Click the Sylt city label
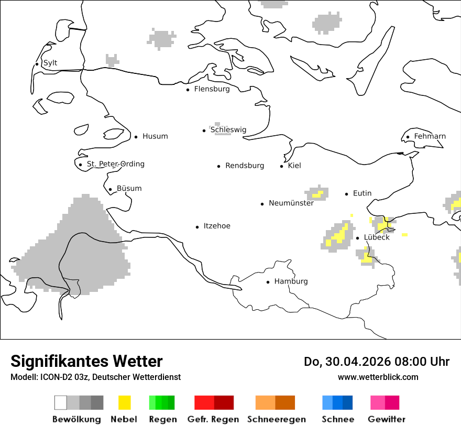50,63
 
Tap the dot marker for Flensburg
188,90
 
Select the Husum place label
155,136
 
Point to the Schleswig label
228,130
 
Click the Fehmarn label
430,136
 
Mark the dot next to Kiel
282,166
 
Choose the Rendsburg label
245,166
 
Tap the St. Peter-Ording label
115,164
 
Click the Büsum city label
129,188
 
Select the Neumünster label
291,203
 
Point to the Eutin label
362,193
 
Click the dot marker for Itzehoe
197,227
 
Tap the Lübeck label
377,237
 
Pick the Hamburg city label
291,281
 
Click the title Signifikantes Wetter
86,361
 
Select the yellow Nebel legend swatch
124,403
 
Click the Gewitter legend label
387,419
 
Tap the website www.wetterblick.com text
378,377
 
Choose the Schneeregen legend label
277,419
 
